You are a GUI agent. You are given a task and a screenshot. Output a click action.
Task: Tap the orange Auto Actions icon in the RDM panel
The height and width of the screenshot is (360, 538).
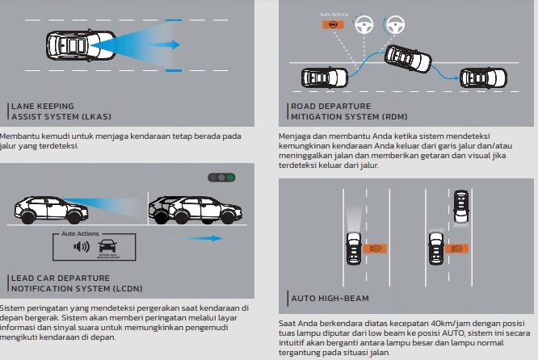329,25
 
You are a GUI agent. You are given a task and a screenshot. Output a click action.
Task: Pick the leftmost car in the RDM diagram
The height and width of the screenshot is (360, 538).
324,77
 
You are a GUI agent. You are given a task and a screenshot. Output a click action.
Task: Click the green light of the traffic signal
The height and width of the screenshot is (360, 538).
231,177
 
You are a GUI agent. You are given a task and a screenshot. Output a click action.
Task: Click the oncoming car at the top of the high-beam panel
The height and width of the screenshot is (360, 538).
460,206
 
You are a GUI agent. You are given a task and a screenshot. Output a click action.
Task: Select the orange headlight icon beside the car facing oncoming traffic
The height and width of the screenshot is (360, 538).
458,248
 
